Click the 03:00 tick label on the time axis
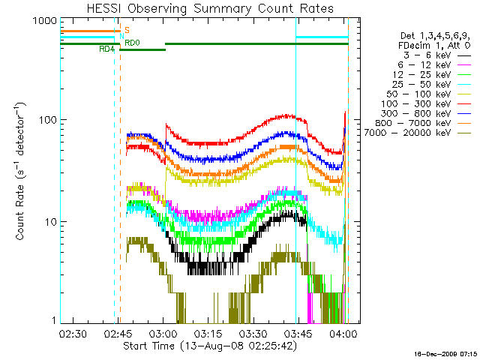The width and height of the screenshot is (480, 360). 163,334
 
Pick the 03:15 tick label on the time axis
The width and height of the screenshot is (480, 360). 208,334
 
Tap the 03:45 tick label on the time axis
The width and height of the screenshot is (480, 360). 298,334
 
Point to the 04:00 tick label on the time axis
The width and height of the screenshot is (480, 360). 343,334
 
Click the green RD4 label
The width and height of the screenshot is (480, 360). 106,49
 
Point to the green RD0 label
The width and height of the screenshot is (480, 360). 131,43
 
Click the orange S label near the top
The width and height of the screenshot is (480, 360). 127,30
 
